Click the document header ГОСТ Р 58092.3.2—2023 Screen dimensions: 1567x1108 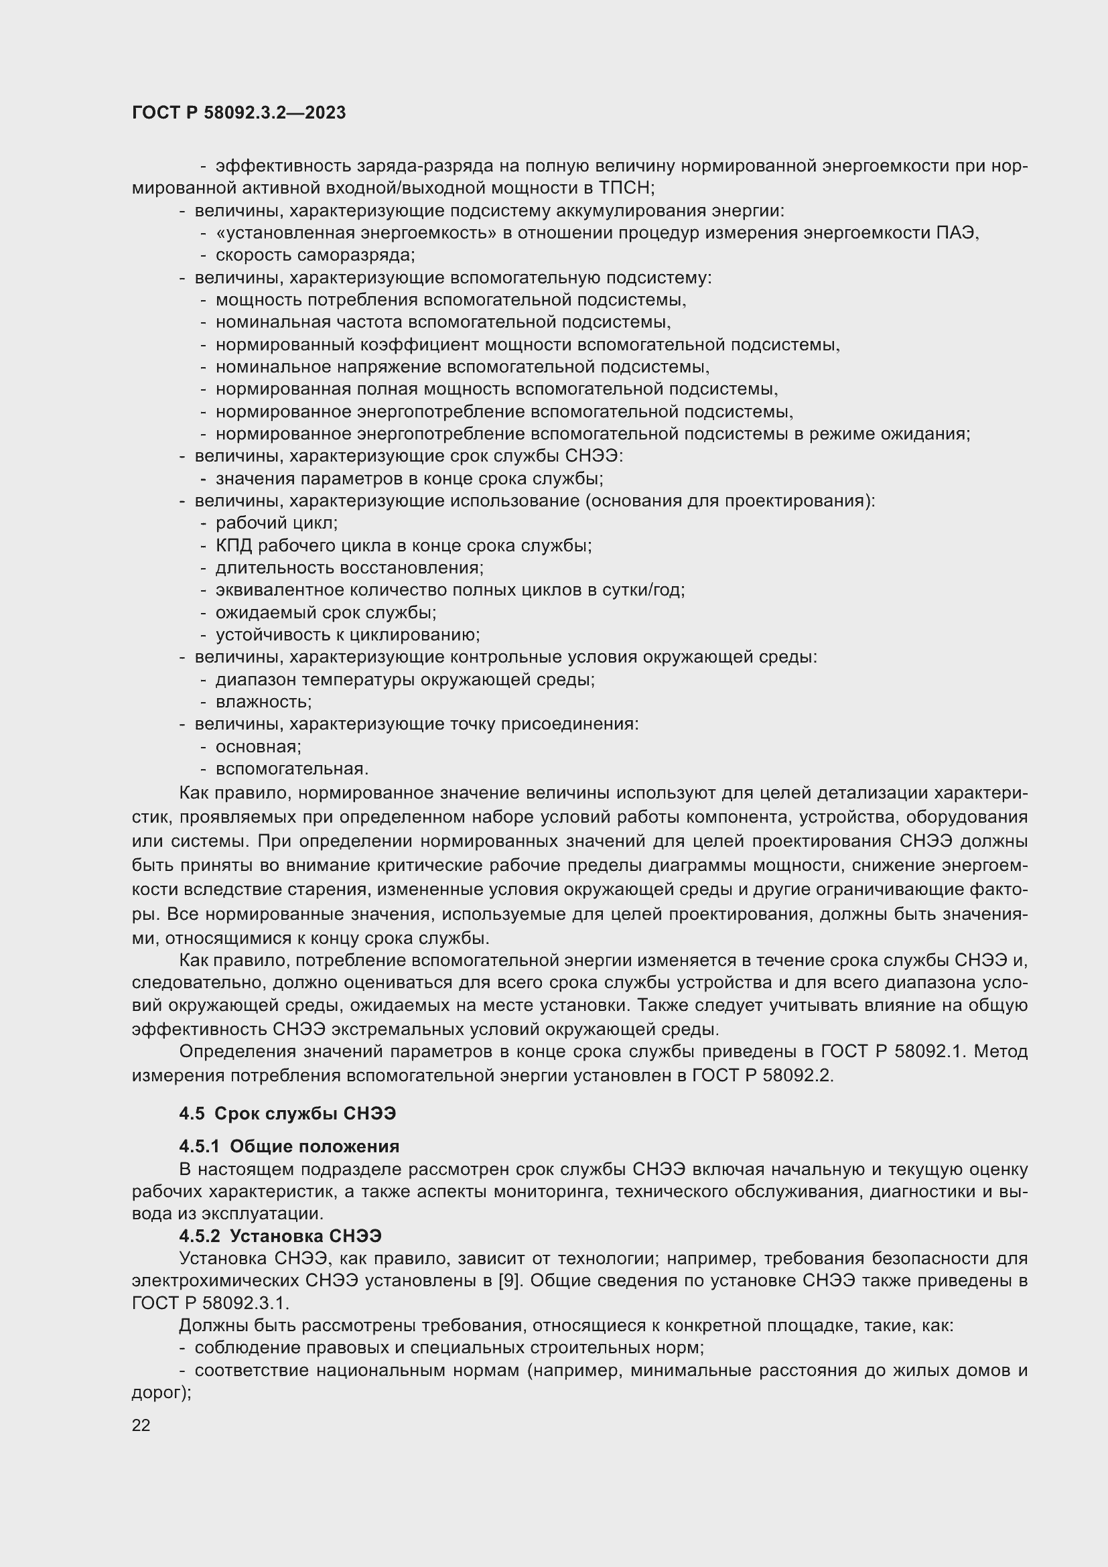pyautogui.click(x=238, y=113)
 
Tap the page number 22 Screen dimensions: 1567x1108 pyautogui.click(x=141, y=1425)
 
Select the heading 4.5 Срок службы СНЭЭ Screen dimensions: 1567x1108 pyautogui.click(x=287, y=1113)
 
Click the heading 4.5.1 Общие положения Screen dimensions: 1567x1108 pyautogui.click(x=289, y=1146)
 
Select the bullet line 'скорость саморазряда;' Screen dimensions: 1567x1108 pyautogui.click(x=316, y=255)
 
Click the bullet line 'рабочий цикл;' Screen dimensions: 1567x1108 pyautogui.click(x=276, y=523)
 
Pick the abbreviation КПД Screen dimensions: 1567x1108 pyautogui.click(x=233, y=546)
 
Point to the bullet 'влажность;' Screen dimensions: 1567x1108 pyautogui.click(x=263, y=702)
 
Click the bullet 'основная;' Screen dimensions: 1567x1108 pyautogui.click(x=259, y=746)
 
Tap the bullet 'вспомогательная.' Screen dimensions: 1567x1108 pyautogui.click(x=292, y=769)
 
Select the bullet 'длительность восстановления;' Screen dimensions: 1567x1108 pyautogui.click(x=349, y=569)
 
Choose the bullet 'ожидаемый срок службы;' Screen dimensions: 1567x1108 pyautogui.click(x=326, y=613)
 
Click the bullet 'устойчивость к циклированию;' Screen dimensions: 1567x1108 pyautogui.click(x=348, y=635)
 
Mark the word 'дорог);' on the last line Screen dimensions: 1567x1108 pyautogui.click(x=161, y=1393)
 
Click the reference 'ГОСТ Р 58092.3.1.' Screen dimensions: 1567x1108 pyautogui.click(x=211, y=1303)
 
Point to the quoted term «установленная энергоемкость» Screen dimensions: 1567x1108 pyautogui.click(x=356, y=232)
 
